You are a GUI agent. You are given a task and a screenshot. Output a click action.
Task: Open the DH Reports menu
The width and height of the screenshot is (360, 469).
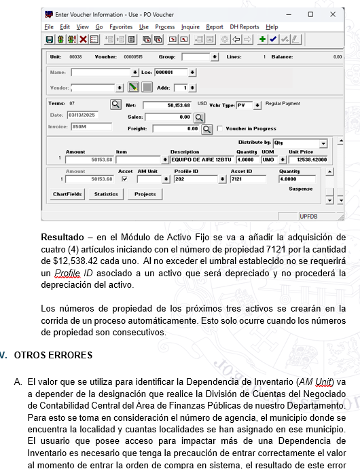(x=245, y=27)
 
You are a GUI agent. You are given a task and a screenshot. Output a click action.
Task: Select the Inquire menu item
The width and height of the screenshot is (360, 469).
(x=190, y=27)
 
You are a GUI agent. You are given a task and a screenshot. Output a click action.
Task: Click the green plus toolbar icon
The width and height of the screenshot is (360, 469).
(x=262, y=40)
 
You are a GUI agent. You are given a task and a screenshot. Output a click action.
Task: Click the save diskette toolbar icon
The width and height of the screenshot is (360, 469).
(x=50, y=40)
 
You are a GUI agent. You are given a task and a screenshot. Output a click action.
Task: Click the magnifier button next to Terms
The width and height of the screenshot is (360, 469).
(x=115, y=105)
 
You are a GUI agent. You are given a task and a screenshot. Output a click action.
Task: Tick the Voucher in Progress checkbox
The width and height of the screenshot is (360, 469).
(x=220, y=128)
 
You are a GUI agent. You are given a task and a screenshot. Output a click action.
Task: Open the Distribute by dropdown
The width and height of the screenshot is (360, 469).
(x=323, y=143)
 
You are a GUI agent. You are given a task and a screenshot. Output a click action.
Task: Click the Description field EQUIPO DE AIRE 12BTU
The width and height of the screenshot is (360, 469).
(x=202, y=160)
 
